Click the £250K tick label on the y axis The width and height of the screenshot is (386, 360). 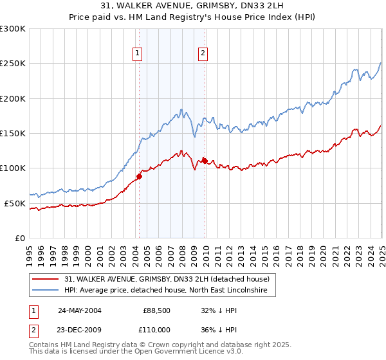(x=13, y=64)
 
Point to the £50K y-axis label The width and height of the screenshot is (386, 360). (x=15, y=203)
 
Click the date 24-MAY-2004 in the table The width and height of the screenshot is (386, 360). (x=80, y=310)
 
